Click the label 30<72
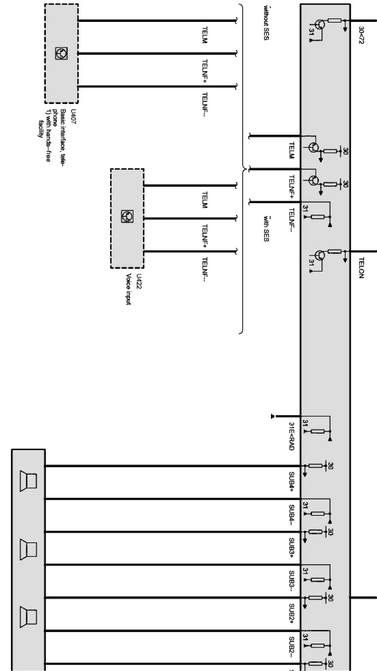(361, 35)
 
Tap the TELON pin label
(361, 267)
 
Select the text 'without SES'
(266, 23)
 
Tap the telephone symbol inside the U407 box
(61, 53)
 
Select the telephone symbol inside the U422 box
(127, 215)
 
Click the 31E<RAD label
(291, 436)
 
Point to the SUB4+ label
(292, 482)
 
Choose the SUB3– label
(292, 581)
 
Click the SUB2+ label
(292, 614)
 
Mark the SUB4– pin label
(292, 515)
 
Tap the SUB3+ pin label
(292, 548)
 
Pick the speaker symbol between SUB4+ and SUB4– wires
(29, 482)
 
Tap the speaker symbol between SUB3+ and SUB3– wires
(29, 548)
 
